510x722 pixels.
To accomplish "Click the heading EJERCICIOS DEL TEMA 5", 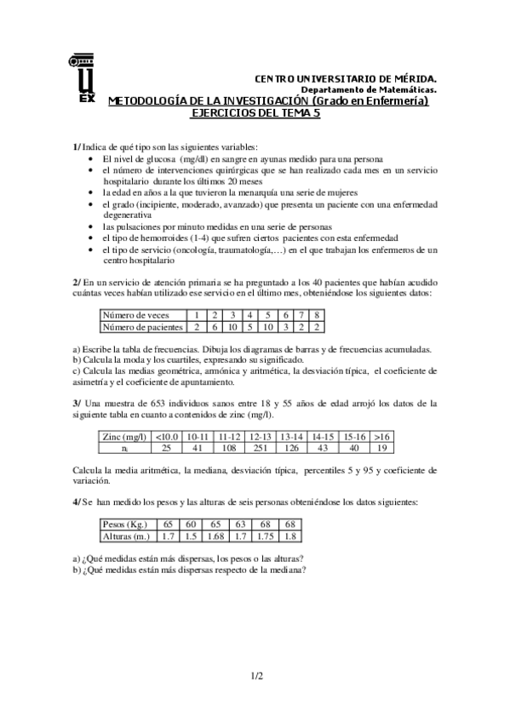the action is pyautogui.click(x=253, y=113).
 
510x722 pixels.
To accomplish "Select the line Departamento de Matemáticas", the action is pyautogui.click(x=368, y=89).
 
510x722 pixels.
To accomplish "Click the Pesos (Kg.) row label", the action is pyautogui.click(x=125, y=524).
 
